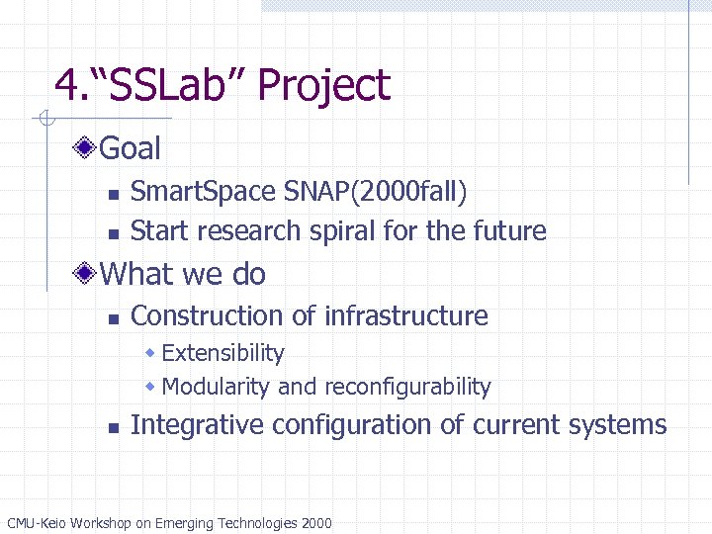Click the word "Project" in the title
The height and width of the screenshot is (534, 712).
pos(323,86)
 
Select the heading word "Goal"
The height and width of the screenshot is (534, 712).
pos(131,149)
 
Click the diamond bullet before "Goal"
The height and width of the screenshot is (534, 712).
pos(88,149)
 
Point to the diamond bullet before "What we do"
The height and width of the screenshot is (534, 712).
pos(88,274)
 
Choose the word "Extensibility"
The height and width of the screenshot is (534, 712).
pos(222,354)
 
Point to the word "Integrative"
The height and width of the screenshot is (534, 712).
pos(197,425)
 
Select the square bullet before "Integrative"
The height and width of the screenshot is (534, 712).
pos(114,428)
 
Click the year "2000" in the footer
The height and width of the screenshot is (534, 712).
pos(315,523)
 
